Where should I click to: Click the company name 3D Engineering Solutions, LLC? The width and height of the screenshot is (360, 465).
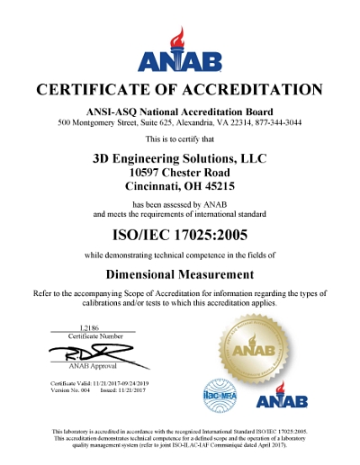coord(179,156)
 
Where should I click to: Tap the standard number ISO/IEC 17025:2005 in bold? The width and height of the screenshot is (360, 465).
coord(179,237)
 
